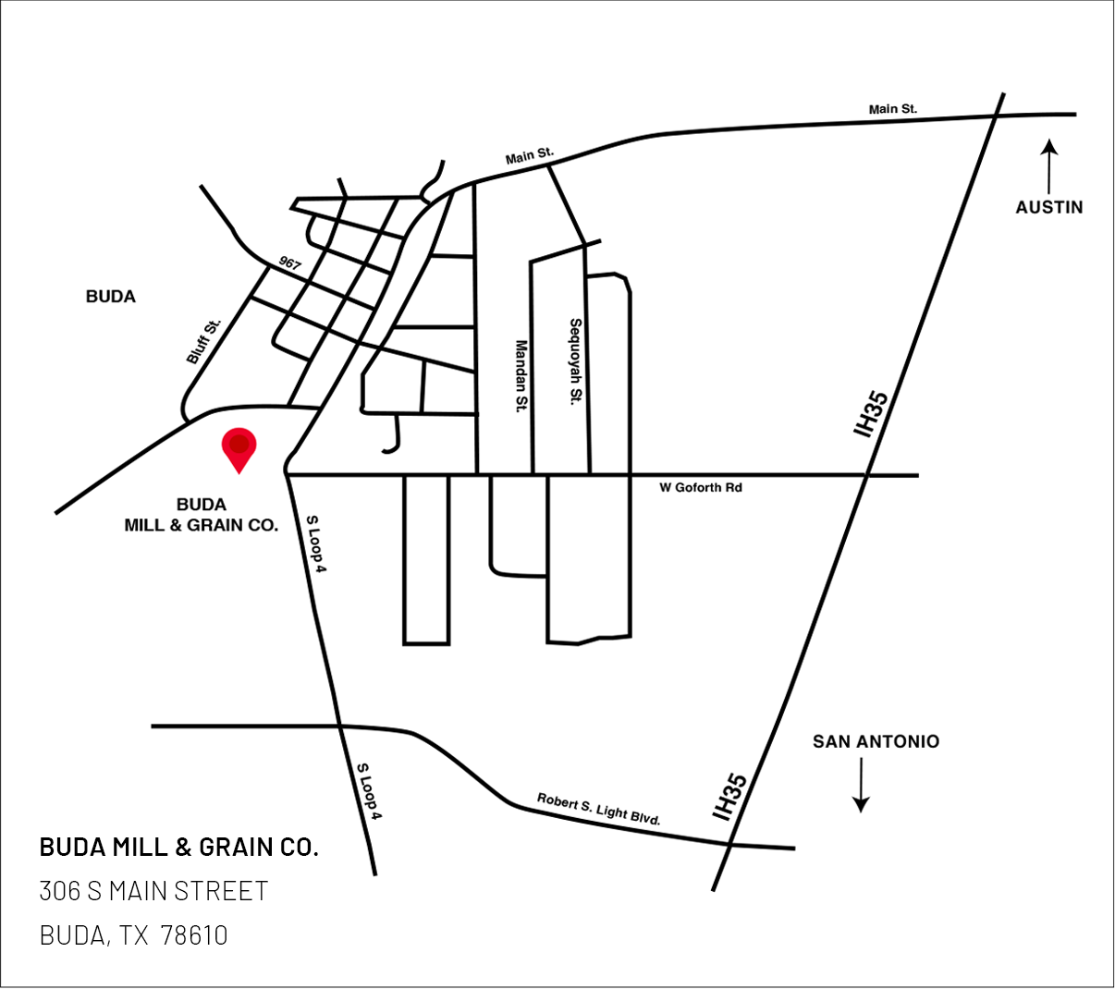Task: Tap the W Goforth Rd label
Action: (x=700, y=487)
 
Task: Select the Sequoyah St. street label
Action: (x=575, y=361)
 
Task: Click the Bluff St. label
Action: (x=204, y=341)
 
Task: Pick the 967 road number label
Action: (x=289, y=263)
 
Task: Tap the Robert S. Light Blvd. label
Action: (x=598, y=809)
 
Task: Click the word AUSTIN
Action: (x=1048, y=207)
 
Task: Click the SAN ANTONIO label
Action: (x=876, y=741)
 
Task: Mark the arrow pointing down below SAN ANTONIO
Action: (x=861, y=786)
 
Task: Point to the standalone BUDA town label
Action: (x=110, y=297)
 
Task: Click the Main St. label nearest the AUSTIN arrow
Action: (x=892, y=109)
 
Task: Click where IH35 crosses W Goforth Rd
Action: (x=867, y=475)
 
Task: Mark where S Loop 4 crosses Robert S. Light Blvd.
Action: (x=341, y=727)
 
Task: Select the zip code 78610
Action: (x=194, y=935)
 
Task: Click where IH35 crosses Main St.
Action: (x=995, y=115)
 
